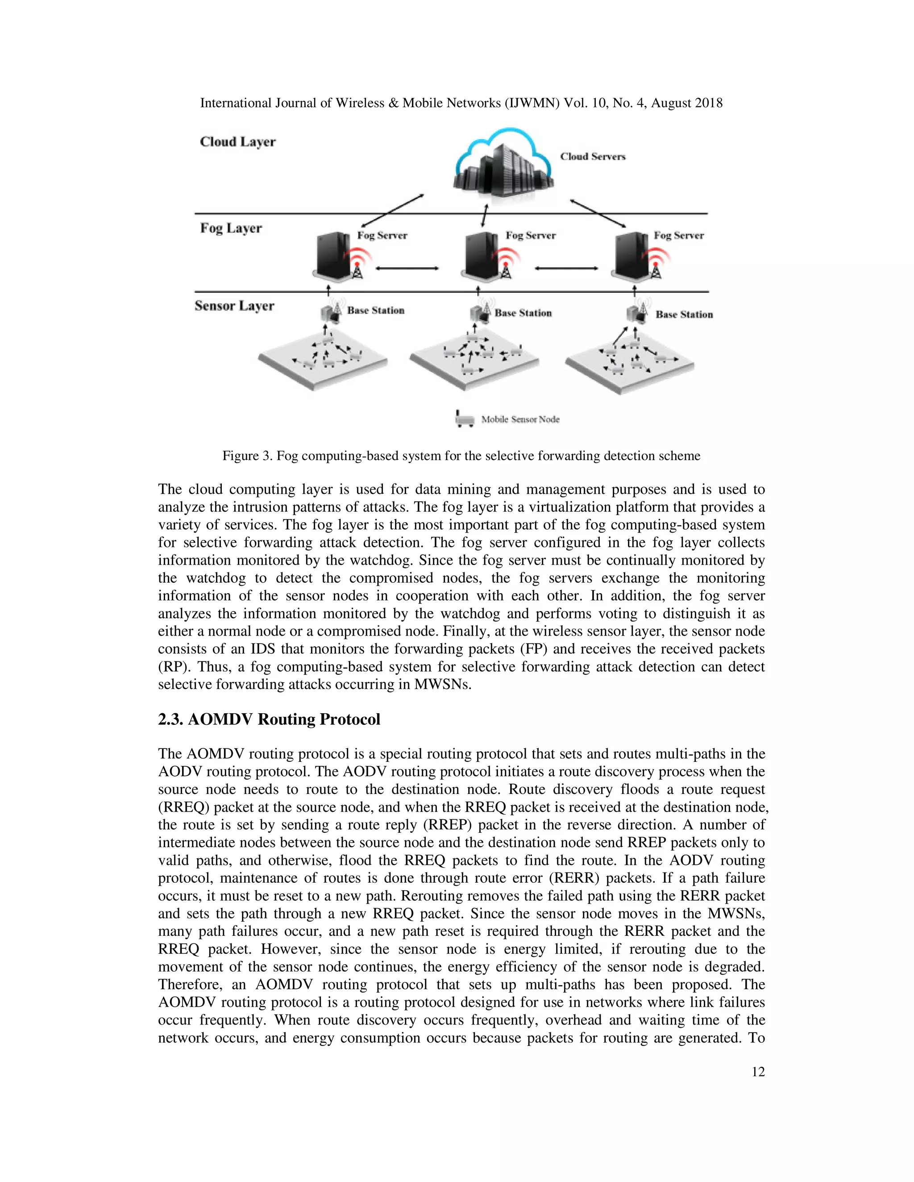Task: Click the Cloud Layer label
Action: (238, 142)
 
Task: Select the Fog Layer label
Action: (231, 228)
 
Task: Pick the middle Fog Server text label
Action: (530, 236)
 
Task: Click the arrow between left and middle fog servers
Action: (407, 268)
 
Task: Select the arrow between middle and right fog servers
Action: (566, 268)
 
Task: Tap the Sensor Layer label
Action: (234, 306)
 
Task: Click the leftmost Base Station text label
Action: (375, 310)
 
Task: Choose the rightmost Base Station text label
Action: (684, 314)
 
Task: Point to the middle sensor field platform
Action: (474, 363)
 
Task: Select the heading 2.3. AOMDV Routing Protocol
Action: (269, 719)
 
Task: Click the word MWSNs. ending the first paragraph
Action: (442, 684)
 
